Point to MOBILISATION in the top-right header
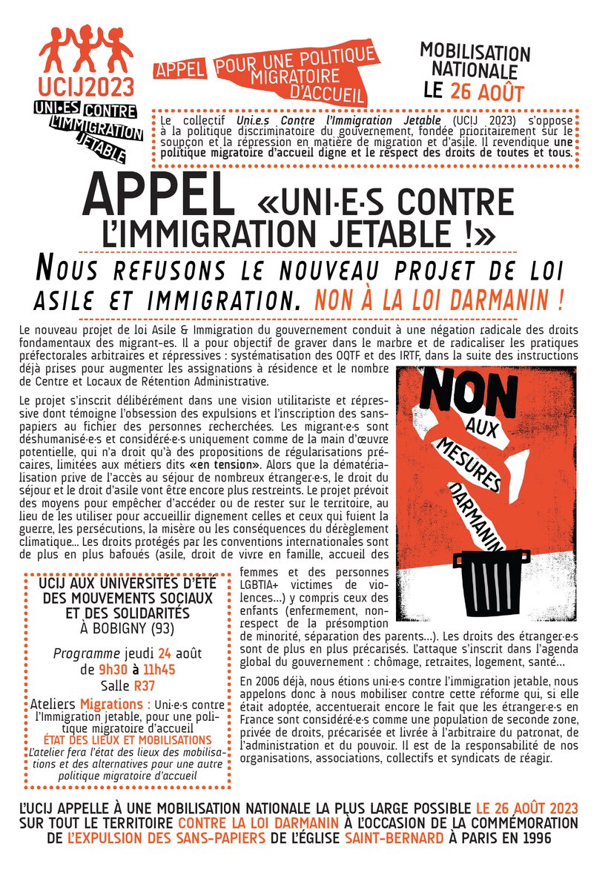475,53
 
